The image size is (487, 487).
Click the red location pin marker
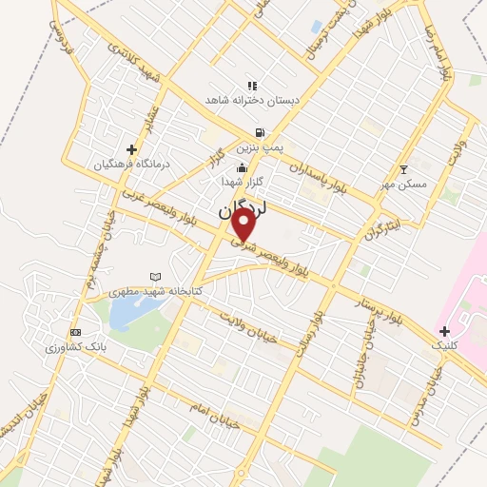click(x=244, y=224)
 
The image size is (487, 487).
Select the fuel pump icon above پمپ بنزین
click(x=259, y=134)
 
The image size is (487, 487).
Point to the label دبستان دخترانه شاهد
click(x=253, y=99)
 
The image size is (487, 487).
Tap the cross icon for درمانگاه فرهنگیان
click(x=131, y=149)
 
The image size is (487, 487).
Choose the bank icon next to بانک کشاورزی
click(x=76, y=333)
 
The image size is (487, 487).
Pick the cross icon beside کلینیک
click(x=444, y=330)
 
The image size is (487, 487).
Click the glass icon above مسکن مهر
click(x=403, y=168)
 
